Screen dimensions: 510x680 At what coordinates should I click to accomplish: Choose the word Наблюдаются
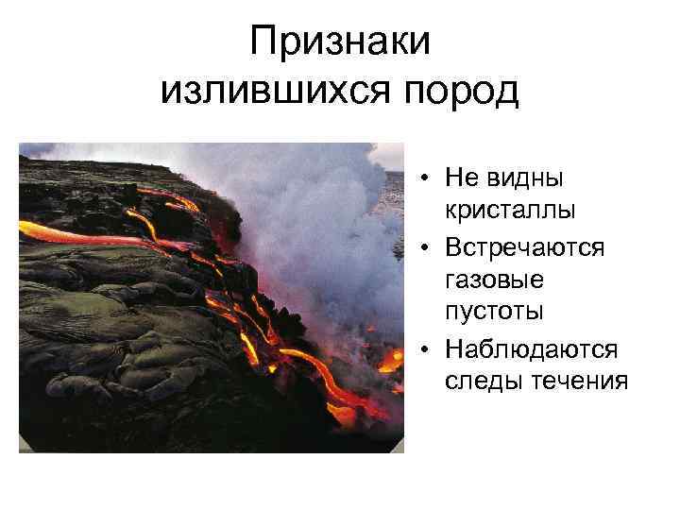pos(531,350)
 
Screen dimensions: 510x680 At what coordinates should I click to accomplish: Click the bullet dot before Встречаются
pos(428,248)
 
